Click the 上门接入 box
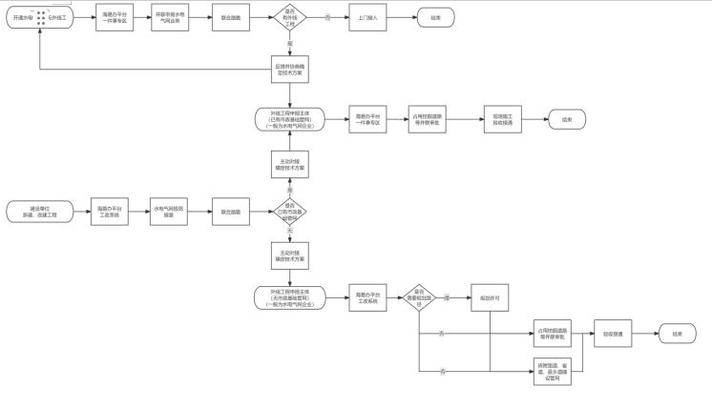click(367, 17)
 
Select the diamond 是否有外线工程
click(290, 17)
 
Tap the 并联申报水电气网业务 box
click(170, 17)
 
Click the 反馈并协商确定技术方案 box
click(289, 70)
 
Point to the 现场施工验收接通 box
click(502, 119)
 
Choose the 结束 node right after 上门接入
click(435, 17)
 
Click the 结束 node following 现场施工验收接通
click(567, 119)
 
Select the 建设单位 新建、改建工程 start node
click(40, 212)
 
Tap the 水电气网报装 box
click(169, 212)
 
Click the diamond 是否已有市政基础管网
click(290, 212)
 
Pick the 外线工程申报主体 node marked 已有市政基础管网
click(289, 119)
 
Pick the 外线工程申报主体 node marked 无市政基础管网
click(289, 297)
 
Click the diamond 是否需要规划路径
click(419, 297)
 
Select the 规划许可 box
click(490, 297)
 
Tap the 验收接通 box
click(613, 334)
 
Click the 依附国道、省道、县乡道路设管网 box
click(553, 372)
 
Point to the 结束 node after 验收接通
click(677, 334)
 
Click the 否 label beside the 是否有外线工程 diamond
click(328, 17)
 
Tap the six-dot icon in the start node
click(41, 17)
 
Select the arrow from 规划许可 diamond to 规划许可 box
click(453, 297)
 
